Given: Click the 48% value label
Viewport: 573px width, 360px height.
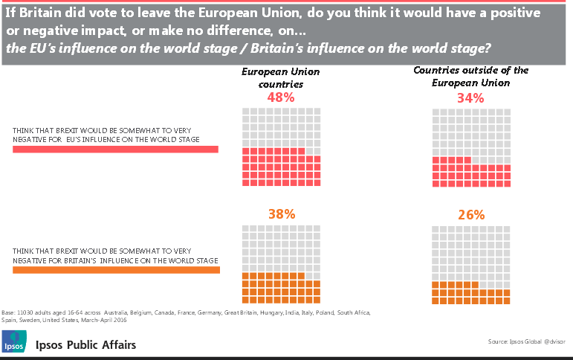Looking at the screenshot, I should pyautogui.click(x=280, y=97).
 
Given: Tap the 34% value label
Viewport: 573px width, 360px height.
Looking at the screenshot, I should pyautogui.click(x=470, y=97).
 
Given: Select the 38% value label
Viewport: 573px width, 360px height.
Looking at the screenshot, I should pyautogui.click(x=281, y=213).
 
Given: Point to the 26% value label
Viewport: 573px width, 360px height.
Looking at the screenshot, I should pyautogui.click(x=470, y=215).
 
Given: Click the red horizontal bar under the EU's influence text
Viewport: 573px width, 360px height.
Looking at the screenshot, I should pyautogui.click(x=115, y=150).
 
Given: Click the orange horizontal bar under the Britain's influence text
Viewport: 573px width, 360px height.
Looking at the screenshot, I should pyautogui.click(x=116, y=269).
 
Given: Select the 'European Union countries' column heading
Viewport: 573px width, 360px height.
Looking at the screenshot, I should pyautogui.click(x=281, y=78).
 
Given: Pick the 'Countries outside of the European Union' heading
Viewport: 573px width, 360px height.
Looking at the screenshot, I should pyautogui.click(x=470, y=77).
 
